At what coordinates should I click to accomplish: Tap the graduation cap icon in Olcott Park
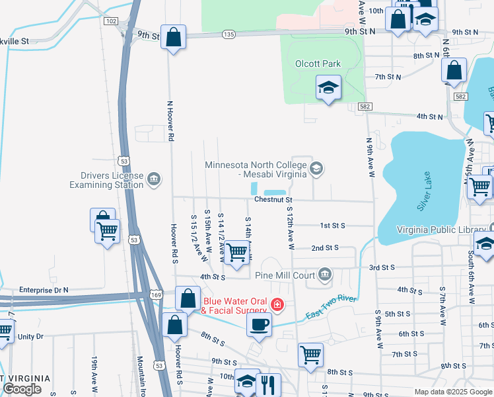coord(328,87)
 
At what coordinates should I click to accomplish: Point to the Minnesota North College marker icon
coord(316,169)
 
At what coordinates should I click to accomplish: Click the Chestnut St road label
coord(273,199)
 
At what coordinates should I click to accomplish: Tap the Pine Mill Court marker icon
coord(324,274)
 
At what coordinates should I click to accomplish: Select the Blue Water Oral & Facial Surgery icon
coord(278,305)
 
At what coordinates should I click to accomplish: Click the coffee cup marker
coord(259,324)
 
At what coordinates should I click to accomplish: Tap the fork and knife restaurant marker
coord(268,384)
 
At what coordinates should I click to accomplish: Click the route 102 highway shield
coord(111,21)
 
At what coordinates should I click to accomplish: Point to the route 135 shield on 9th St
coord(229,34)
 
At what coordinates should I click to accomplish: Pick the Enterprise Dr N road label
coord(44,290)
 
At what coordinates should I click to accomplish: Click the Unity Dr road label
coord(30,337)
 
